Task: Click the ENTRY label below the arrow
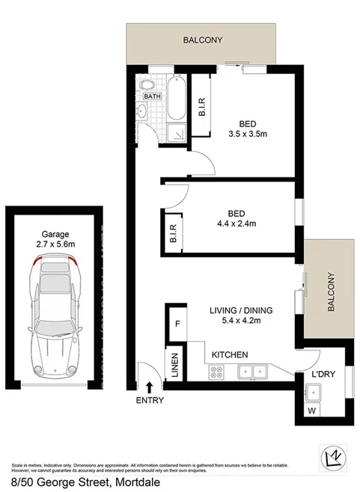(x=150, y=400)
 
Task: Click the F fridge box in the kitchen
(x=176, y=324)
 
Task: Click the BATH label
(x=151, y=96)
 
